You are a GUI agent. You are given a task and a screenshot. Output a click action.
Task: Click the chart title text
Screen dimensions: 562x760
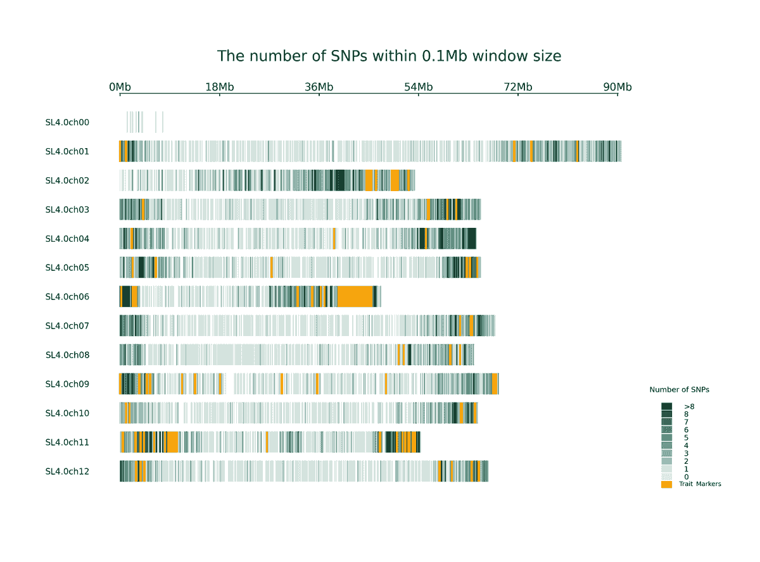(x=389, y=56)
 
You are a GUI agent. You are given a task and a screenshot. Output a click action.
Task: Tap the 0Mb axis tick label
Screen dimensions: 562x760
(x=120, y=87)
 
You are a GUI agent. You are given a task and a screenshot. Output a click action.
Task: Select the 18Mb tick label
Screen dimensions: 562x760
(x=219, y=87)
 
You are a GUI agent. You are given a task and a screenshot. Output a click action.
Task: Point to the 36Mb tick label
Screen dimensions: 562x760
(x=319, y=87)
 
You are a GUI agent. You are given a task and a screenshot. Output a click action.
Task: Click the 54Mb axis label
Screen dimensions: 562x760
(x=418, y=87)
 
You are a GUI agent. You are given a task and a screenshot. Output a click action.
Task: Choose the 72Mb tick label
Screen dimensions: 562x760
(x=517, y=87)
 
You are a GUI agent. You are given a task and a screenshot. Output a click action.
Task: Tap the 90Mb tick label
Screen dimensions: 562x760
(x=617, y=87)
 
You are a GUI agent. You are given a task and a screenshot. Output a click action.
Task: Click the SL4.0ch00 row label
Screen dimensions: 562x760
(x=67, y=122)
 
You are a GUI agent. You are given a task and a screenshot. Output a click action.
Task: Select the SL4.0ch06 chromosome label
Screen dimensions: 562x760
(x=67, y=297)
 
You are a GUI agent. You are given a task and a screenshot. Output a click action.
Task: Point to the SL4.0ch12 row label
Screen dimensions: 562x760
(x=67, y=471)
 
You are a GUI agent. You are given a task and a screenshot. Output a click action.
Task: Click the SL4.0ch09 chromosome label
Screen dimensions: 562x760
(x=67, y=384)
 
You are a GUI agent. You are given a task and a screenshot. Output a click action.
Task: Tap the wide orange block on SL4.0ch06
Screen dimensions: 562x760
(x=355, y=297)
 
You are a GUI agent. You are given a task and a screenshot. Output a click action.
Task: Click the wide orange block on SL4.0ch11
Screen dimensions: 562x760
(x=171, y=442)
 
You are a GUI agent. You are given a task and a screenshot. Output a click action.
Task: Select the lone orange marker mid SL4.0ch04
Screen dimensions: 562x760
(x=334, y=239)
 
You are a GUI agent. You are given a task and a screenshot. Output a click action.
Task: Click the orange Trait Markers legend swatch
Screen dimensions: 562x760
(x=666, y=485)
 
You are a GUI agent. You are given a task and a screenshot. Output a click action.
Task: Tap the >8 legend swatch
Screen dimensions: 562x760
(x=666, y=406)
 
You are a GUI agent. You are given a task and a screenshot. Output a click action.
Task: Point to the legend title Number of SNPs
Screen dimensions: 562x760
(x=679, y=390)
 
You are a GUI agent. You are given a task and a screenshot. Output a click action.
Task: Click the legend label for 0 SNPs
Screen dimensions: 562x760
(x=686, y=477)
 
